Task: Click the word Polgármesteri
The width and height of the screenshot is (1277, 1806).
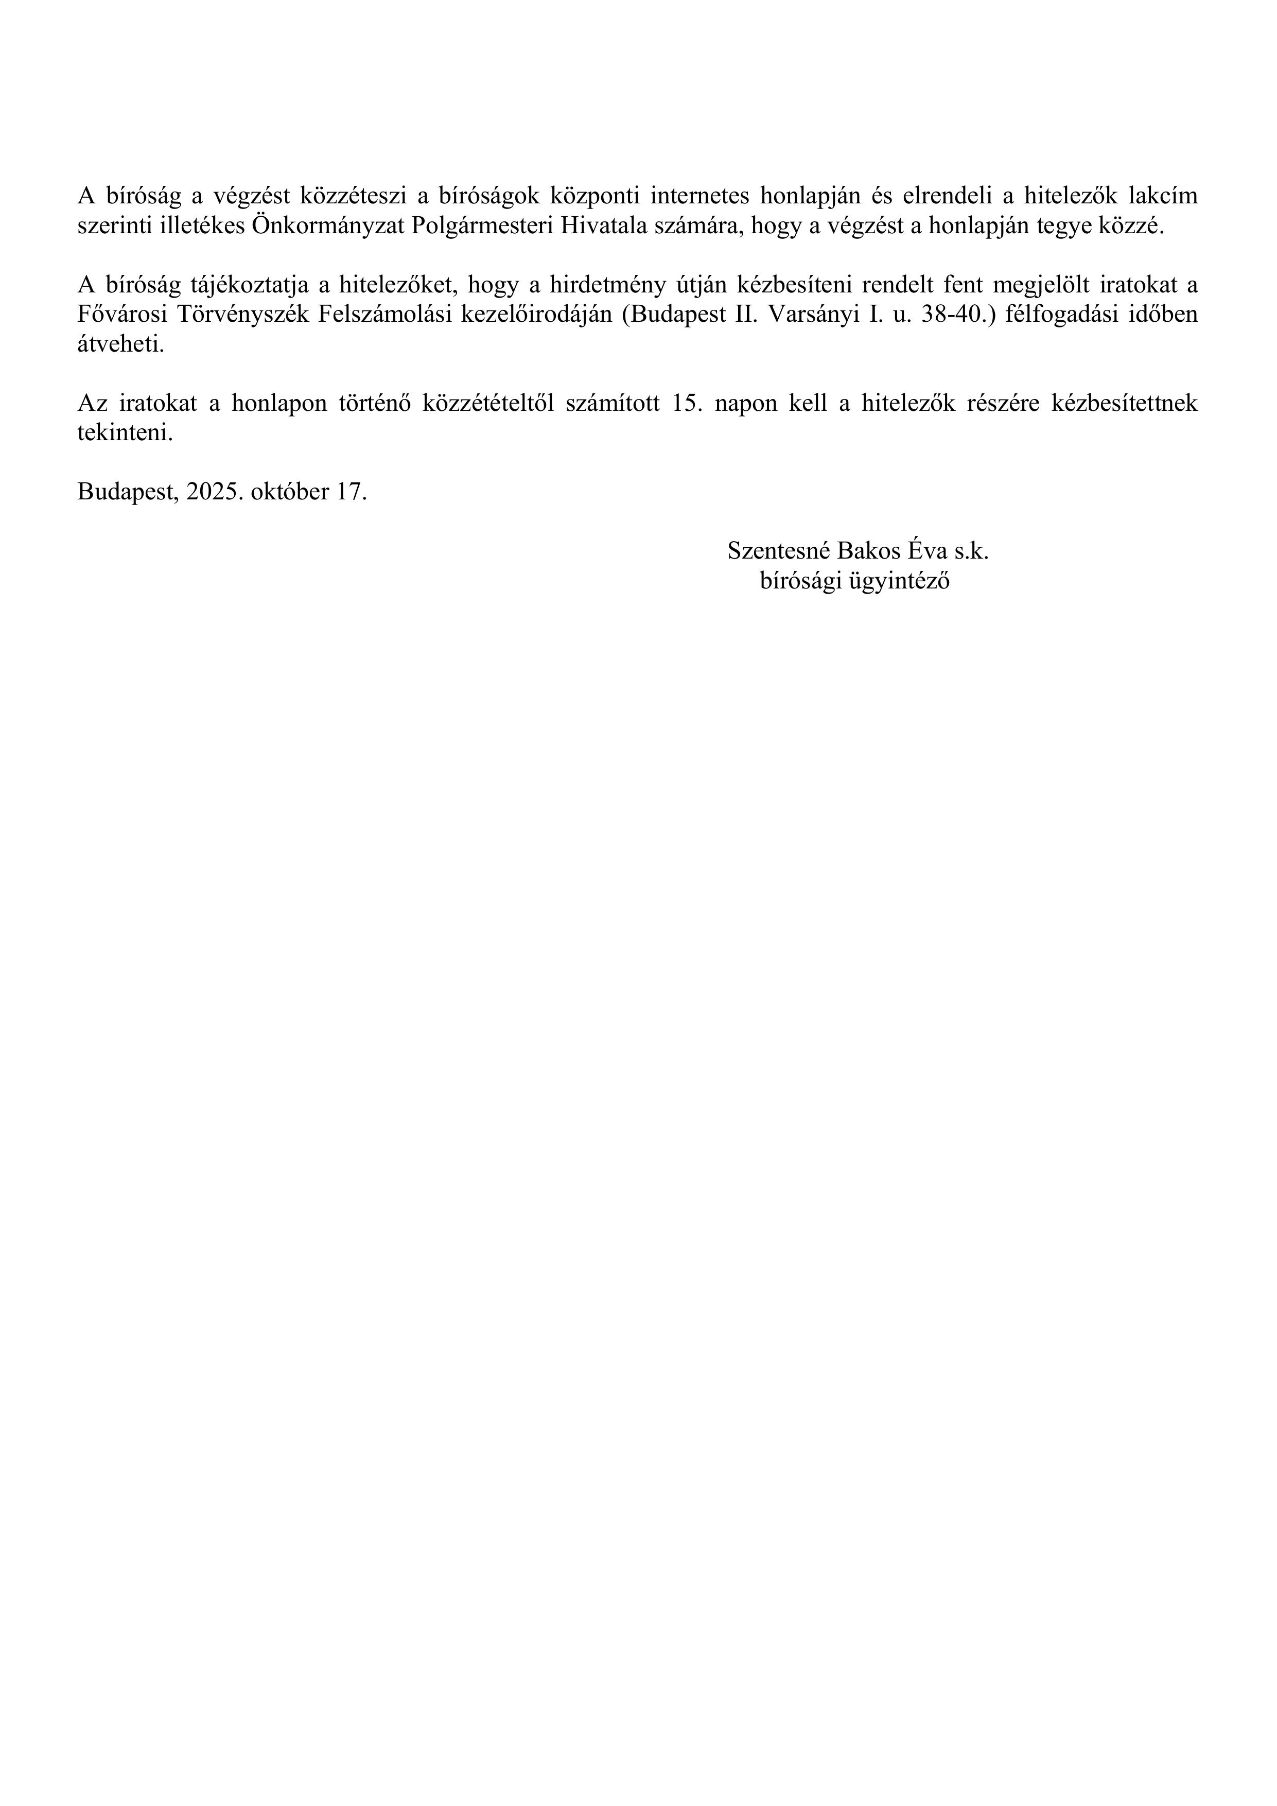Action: pos(483,227)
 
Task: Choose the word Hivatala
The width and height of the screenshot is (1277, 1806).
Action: pos(610,227)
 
